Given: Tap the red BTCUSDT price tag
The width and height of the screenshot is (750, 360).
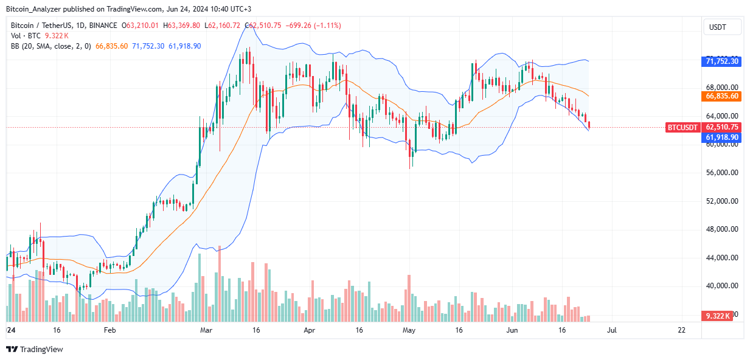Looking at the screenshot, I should (682, 127).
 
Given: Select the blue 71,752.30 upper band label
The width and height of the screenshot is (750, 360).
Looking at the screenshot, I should (722, 61).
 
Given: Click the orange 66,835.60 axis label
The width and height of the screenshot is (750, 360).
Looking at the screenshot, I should (722, 96).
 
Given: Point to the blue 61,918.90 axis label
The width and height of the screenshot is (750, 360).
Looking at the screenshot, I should (722, 137).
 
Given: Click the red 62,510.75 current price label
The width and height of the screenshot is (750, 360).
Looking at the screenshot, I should (722, 127).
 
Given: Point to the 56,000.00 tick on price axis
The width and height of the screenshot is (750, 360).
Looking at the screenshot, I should (722, 173).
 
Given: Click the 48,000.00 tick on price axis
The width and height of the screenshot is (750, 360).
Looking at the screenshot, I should (722, 229).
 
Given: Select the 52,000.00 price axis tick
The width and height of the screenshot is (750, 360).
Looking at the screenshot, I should (722, 201).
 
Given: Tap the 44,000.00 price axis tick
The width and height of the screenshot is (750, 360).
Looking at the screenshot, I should (722, 258).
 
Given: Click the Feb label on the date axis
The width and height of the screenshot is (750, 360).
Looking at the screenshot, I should (109, 330).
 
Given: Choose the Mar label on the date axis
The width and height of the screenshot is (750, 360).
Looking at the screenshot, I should (207, 330).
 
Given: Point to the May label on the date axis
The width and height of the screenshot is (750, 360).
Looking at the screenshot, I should (409, 330).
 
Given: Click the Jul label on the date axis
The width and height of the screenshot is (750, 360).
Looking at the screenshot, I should (613, 330).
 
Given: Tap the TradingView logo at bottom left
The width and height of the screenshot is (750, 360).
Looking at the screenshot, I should (35, 349).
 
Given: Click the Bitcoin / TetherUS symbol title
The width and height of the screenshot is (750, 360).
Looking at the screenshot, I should (44, 26).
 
